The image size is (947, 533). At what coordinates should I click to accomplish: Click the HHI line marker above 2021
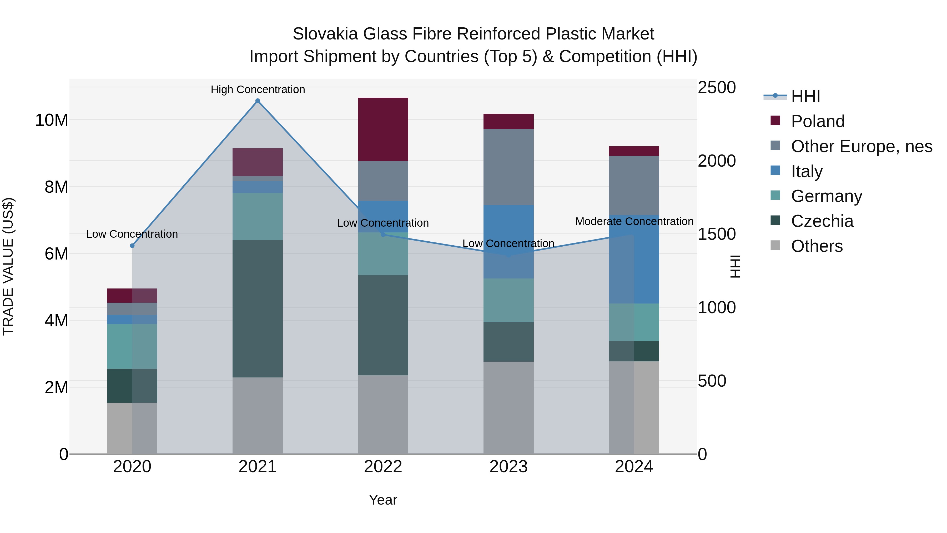pos(258,101)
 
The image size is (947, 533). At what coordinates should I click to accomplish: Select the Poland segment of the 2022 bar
pos(383,129)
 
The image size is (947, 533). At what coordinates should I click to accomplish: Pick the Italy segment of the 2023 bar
pos(508,241)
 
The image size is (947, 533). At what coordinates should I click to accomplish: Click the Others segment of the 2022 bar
pos(383,414)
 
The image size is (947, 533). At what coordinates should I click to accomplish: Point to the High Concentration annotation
pos(258,89)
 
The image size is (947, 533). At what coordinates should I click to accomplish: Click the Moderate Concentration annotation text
pos(634,221)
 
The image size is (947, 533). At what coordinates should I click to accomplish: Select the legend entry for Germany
pos(826,196)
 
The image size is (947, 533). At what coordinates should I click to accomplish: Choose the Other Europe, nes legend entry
pos(861,146)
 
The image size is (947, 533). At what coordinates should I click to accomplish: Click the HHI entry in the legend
pos(805,96)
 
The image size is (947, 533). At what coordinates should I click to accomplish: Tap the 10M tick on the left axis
pos(52,120)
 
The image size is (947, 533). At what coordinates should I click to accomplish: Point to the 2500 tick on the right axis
pos(717,88)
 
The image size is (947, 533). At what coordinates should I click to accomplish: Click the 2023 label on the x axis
pos(508,467)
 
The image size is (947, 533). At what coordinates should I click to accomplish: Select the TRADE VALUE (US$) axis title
pos(8,266)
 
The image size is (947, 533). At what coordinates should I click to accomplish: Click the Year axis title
pos(383,500)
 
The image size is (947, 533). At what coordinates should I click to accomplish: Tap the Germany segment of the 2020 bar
pos(132,346)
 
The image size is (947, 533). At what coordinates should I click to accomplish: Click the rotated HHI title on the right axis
pos(735,266)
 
